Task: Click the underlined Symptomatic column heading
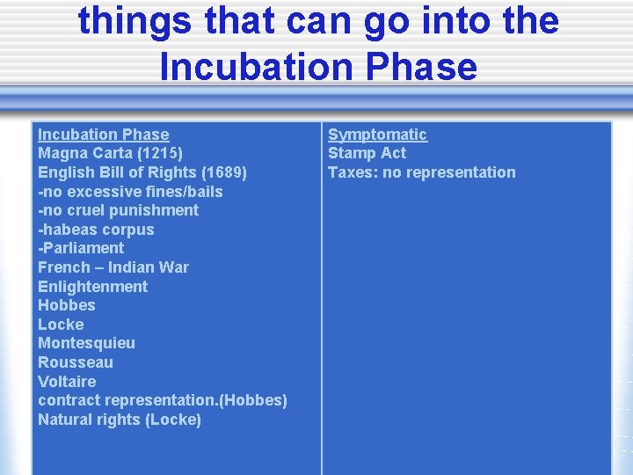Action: (x=377, y=135)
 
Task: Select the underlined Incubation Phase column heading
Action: (x=103, y=135)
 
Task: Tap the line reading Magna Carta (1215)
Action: (x=110, y=153)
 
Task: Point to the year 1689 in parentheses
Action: (x=221, y=172)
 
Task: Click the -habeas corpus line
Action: (x=96, y=230)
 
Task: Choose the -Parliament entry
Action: (x=81, y=248)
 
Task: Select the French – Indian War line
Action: (x=113, y=267)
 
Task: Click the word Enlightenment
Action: (x=92, y=287)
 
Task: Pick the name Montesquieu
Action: (x=86, y=343)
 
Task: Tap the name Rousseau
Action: (x=76, y=362)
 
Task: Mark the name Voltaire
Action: (x=67, y=382)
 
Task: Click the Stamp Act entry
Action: (x=367, y=153)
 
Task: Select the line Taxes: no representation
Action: (x=421, y=172)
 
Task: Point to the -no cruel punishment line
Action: (x=118, y=210)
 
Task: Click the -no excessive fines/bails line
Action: (x=130, y=192)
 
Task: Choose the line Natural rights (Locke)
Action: (x=120, y=420)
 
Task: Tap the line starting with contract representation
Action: (x=162, y=400)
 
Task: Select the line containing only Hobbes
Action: (x=67, y=305)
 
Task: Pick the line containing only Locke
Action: (x=61, y=325)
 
